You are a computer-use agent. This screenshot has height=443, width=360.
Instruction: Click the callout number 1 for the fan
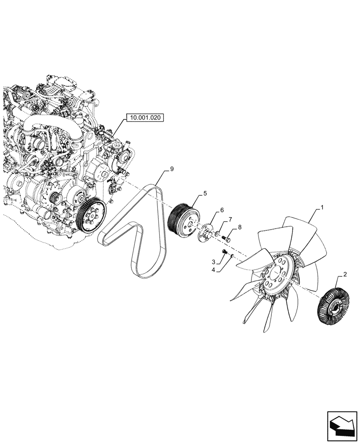click(x=322, y=207)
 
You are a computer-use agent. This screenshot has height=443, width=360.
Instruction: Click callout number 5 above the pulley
click(x=205, y=194)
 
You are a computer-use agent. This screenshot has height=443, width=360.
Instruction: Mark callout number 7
click(x=230, y=220)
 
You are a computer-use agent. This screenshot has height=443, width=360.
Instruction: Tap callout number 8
click(x=239, y=227)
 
